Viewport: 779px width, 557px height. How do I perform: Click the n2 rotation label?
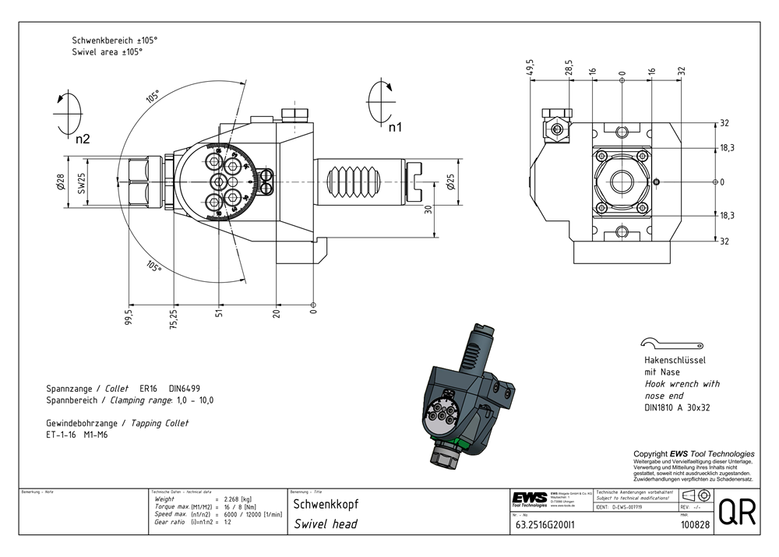[83, 139]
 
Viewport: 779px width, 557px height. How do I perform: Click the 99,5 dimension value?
[129, 318]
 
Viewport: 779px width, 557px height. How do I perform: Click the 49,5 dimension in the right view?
[530, 67]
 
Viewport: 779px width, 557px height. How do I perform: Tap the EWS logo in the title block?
[530, 499]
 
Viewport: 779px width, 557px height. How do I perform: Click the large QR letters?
[735, 513]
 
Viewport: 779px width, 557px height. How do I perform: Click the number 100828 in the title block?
[694, 525]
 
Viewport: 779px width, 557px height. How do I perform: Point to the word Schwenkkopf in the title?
[320, 504]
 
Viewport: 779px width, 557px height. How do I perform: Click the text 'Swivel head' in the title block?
[326, 524]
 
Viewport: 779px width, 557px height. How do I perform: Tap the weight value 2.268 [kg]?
[238, 499]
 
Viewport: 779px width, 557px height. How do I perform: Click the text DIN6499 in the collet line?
[189, 388]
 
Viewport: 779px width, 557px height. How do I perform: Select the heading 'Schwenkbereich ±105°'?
[115, 40]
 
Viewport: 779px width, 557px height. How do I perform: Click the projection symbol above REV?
[695, 496]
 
